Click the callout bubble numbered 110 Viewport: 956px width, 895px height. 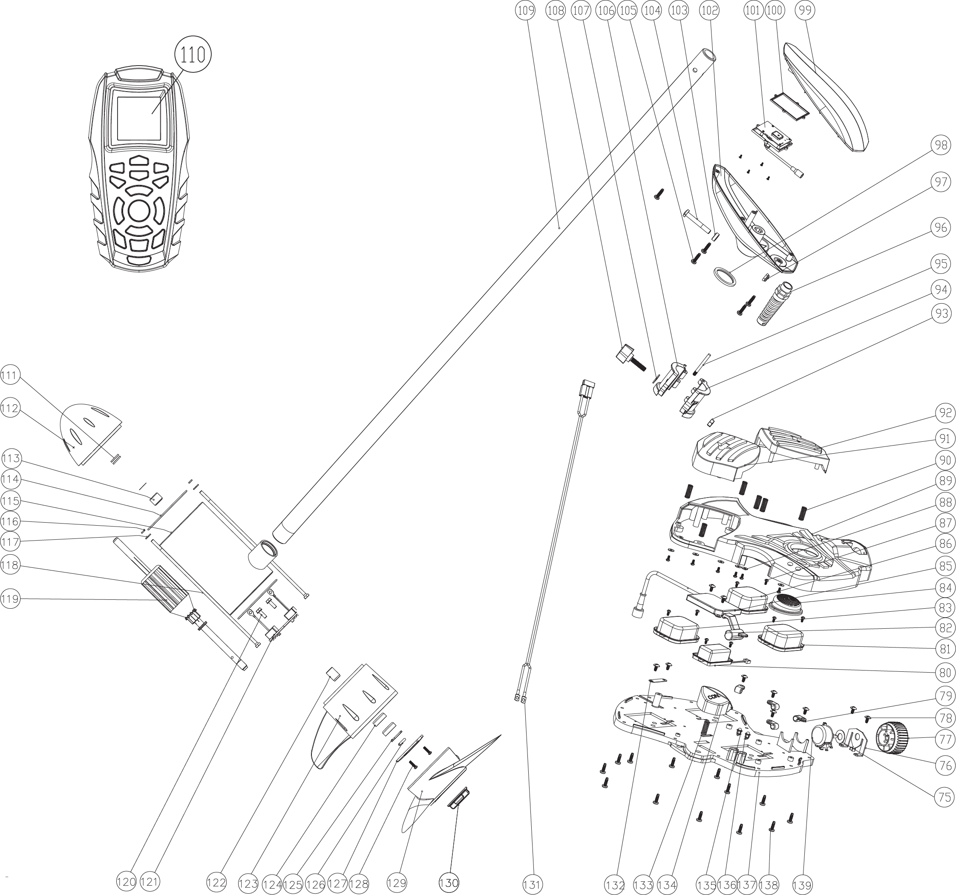193,55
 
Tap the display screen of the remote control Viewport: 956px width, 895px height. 139,118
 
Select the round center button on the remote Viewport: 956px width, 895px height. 139,210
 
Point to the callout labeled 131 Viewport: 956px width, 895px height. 533,883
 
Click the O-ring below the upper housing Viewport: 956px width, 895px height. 725,277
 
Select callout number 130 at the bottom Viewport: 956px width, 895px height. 449,883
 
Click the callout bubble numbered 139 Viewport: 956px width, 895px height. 802,883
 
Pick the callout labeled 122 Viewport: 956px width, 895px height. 216,883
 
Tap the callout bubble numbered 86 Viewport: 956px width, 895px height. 945,544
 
